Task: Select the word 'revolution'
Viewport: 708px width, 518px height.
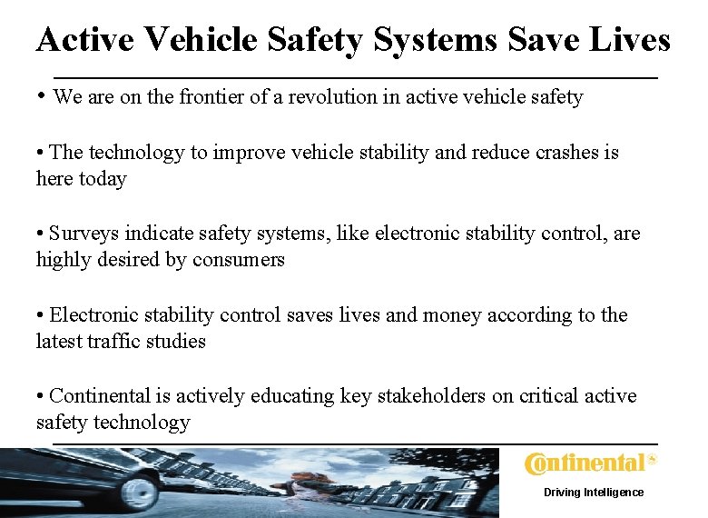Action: pyautogui.click(x=330, y=97)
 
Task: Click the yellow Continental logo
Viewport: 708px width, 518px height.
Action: pyautogui.click(x=590, y=463)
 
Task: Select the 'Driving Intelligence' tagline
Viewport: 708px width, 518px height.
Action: pyautogui.click(x=594, y=493)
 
